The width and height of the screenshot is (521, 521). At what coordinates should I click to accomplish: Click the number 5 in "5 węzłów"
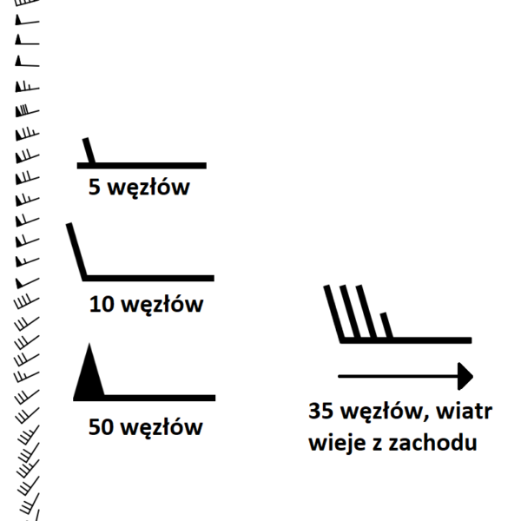tap(95, 187)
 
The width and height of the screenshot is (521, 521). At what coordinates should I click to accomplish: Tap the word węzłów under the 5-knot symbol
tap(148, 188)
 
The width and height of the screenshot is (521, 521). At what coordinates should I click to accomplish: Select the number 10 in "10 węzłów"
tap(102, 304)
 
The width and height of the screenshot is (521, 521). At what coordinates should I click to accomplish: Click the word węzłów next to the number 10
tap(162, 306)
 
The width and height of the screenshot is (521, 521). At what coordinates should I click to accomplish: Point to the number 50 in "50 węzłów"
tap(101, 427)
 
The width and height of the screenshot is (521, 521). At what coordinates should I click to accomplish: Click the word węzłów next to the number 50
tap(162, 428)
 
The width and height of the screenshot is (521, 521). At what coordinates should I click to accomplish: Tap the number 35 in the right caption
tap(320, 411)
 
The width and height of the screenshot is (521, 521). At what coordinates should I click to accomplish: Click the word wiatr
tap(464, 411)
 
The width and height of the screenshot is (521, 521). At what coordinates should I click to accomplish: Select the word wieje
tap(337, 444)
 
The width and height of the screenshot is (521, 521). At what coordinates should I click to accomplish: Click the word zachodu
tap(433, 442)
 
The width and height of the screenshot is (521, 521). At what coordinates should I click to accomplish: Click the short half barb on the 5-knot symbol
tap(89, 150)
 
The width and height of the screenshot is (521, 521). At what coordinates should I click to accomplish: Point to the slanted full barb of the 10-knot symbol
tap(76, 251)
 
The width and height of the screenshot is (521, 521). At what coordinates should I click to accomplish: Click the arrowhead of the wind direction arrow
tap(465, 377)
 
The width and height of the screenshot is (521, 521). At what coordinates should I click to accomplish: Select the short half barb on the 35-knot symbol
tap(386, 326)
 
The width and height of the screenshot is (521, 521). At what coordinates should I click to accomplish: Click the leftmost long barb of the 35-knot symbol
tap(333, 313)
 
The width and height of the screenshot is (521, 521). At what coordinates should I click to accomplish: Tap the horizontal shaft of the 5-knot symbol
tap(142, 166)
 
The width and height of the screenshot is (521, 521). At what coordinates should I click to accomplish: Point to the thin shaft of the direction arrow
tap(398, 377)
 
